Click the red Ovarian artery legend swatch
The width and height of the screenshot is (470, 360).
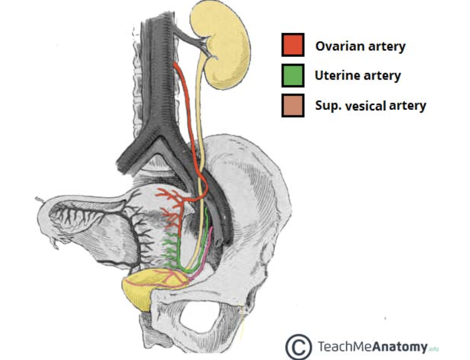pyautogui.click(x=293, y=45)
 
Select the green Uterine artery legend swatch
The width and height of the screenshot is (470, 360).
pyautogui.click(x=293, y=75)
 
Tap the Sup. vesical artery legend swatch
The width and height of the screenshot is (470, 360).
pyautogui.click(x=293, y=105)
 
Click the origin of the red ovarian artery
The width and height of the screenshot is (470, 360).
pyautogui.click(x=175, y=65)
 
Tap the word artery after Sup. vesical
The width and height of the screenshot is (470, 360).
pyautogui.click(x=407, y=105)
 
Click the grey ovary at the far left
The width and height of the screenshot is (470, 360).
pyautogui.click(x=68, y=217)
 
